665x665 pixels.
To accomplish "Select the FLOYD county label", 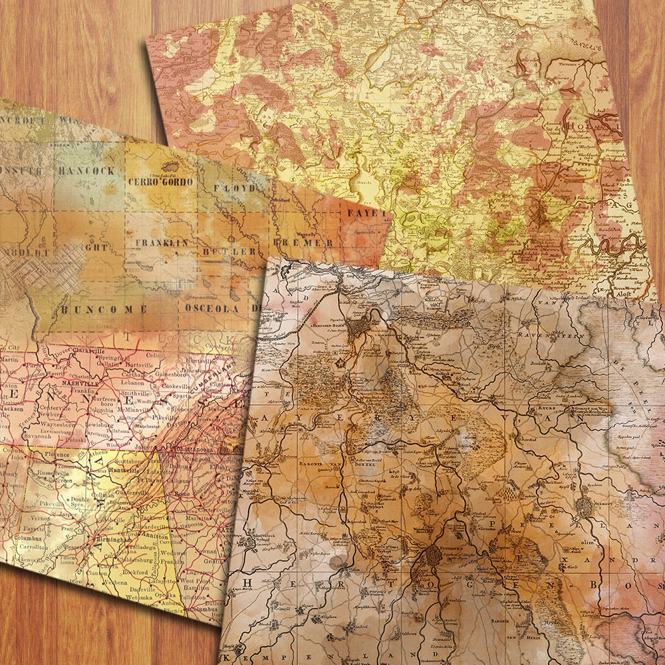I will [x=233, y=188].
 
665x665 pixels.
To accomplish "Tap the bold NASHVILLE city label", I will [x=77, y=384].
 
